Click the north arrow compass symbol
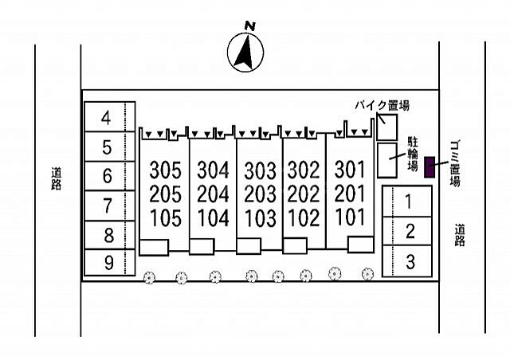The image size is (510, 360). coord(245,53)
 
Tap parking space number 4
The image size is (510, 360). coord(110,117)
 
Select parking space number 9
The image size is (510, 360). coord(110,263)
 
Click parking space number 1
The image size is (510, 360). coord(407,201)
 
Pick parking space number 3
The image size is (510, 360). coord(407,261)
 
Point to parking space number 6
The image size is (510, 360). coord(110,176)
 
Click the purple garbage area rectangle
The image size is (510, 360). coord(430,166)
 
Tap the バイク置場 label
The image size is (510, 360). coord(382,106)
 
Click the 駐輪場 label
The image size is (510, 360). coord(413,154)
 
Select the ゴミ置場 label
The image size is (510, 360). coord(455,163)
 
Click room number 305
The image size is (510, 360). coord(165,170)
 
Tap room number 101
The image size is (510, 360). coord(350,217)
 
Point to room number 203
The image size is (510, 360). coord(261,194)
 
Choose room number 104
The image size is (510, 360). coord(213,218)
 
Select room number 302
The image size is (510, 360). coord(304,170)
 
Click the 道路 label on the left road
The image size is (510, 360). coord(57,178)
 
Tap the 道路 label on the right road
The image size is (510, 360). coord(460,235)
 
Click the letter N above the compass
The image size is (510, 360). coord(249,26)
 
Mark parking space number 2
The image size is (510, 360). coord(407,231)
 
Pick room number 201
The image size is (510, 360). coord(350,194)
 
